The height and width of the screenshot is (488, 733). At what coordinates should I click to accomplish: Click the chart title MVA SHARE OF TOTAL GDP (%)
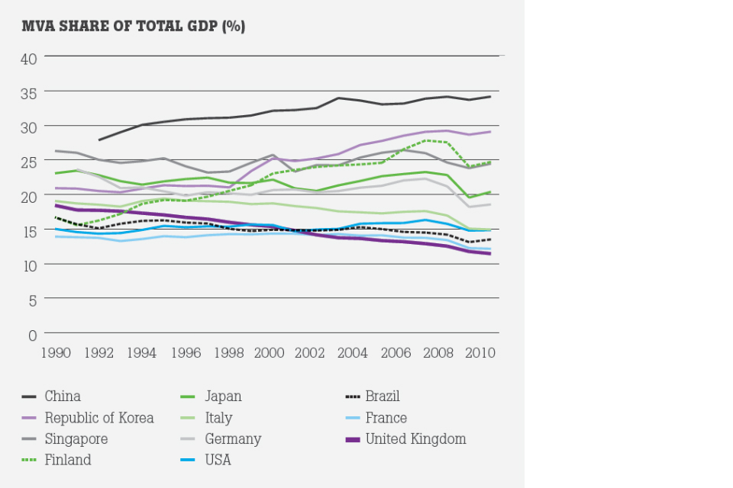pyautogui.click(x=134, y=27)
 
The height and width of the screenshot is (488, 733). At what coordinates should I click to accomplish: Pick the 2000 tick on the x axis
pyautogui.click(x=269, y=354)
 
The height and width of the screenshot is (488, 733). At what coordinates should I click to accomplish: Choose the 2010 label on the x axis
pyautogui.click(x=482, y=354)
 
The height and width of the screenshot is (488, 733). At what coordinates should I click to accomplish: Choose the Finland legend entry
pyautogui.click(x=68, y=461)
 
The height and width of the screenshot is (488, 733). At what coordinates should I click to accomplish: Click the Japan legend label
pyautogui.click(x=223, y=396)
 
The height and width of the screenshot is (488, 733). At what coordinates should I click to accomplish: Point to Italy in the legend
pyautogui.click(x=218, y=418)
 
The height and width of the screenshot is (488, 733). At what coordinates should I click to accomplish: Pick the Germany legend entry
pyautogui.click(x=233, y=439)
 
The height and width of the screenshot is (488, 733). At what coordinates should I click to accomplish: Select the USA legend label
pyautogui.click(x=218, y=461)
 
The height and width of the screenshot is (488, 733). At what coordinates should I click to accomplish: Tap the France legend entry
pyautogui.click(x=386, y=418)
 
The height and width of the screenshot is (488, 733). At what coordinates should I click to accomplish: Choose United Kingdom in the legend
pyautogui.click(x=415, y=439)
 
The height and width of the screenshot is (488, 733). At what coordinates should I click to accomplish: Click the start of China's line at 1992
pyautogui.click(x=98, y=140)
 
